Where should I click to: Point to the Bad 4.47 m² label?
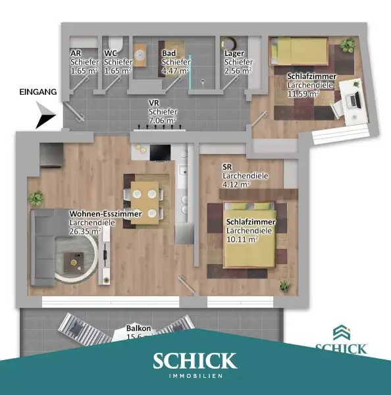click(x=174, y=62)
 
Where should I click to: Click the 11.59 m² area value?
click(x=303, y=93)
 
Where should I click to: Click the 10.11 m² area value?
click(x=242, y=238)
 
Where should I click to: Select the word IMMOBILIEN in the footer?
click(x=195, y=376)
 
